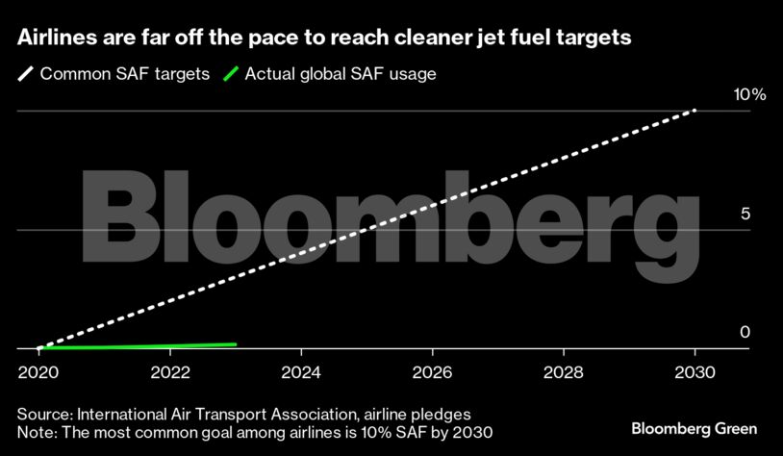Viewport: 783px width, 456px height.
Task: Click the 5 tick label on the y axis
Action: coord(745,214)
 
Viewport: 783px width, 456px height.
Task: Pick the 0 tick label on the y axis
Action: coord(745,333)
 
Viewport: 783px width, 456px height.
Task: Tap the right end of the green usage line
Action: coord(235,343)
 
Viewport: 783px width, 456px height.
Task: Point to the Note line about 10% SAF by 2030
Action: coord(255,432)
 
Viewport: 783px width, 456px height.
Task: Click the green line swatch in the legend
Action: coord(230,74)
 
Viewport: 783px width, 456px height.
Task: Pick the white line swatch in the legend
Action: coord(24,74)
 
